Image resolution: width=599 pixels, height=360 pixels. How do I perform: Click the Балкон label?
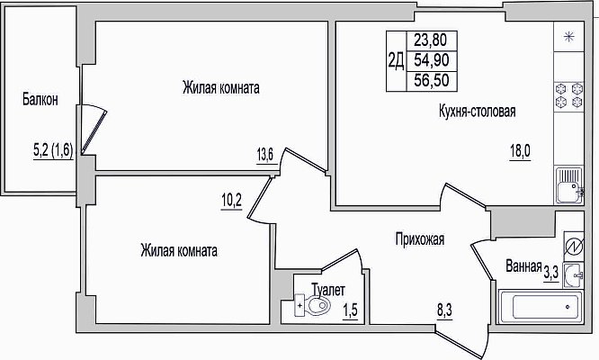(40, 99)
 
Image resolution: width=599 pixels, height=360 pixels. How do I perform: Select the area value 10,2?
(231, 200)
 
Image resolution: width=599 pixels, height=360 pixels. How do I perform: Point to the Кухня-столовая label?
(478, 111)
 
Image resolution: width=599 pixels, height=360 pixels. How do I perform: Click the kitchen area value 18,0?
(520, 151)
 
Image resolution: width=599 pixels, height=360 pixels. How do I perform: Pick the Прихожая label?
(420, 238)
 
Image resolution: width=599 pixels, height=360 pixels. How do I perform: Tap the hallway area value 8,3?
(444, 310)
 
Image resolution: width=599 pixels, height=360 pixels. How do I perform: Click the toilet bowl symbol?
(312, 305)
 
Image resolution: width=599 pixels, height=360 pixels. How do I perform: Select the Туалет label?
(328, 290)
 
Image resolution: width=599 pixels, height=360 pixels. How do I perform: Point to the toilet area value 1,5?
(350, 310)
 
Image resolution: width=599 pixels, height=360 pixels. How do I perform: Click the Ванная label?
(523, 266)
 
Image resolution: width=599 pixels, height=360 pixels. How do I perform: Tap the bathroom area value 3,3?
(551, 273)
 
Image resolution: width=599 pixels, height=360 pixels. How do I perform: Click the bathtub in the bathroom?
(541, 307)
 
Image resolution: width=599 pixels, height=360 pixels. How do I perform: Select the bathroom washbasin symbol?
(573, 274)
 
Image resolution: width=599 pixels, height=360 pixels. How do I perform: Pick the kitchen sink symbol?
(568, 185)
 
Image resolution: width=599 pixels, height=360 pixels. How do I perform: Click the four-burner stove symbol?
(568, 95)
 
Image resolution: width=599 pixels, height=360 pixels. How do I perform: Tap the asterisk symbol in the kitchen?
(569, 37)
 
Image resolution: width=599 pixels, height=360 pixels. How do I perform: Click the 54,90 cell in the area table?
(432, 60)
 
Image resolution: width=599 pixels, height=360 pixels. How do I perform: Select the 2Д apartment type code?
(396, 61)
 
